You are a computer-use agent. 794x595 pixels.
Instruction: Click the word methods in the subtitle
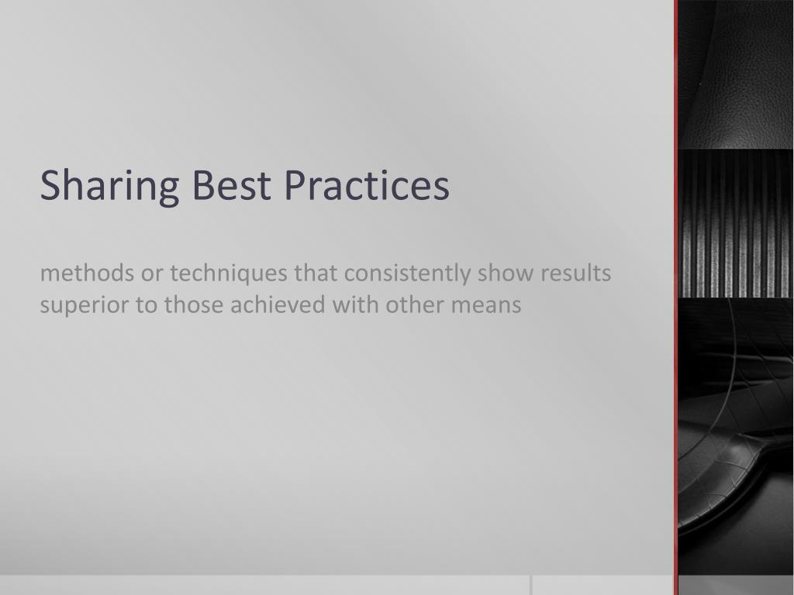pos(87,273)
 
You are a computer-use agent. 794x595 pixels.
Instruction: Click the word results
pos(575,273)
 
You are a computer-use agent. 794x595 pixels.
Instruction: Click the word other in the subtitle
pos(413,304)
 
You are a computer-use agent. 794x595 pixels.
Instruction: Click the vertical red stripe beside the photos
pos(675,294)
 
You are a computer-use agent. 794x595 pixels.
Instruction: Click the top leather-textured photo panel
pos(736,74)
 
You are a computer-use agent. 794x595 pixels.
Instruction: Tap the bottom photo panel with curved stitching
pos(736,434)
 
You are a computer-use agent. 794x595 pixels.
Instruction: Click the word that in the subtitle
pos(316,273)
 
